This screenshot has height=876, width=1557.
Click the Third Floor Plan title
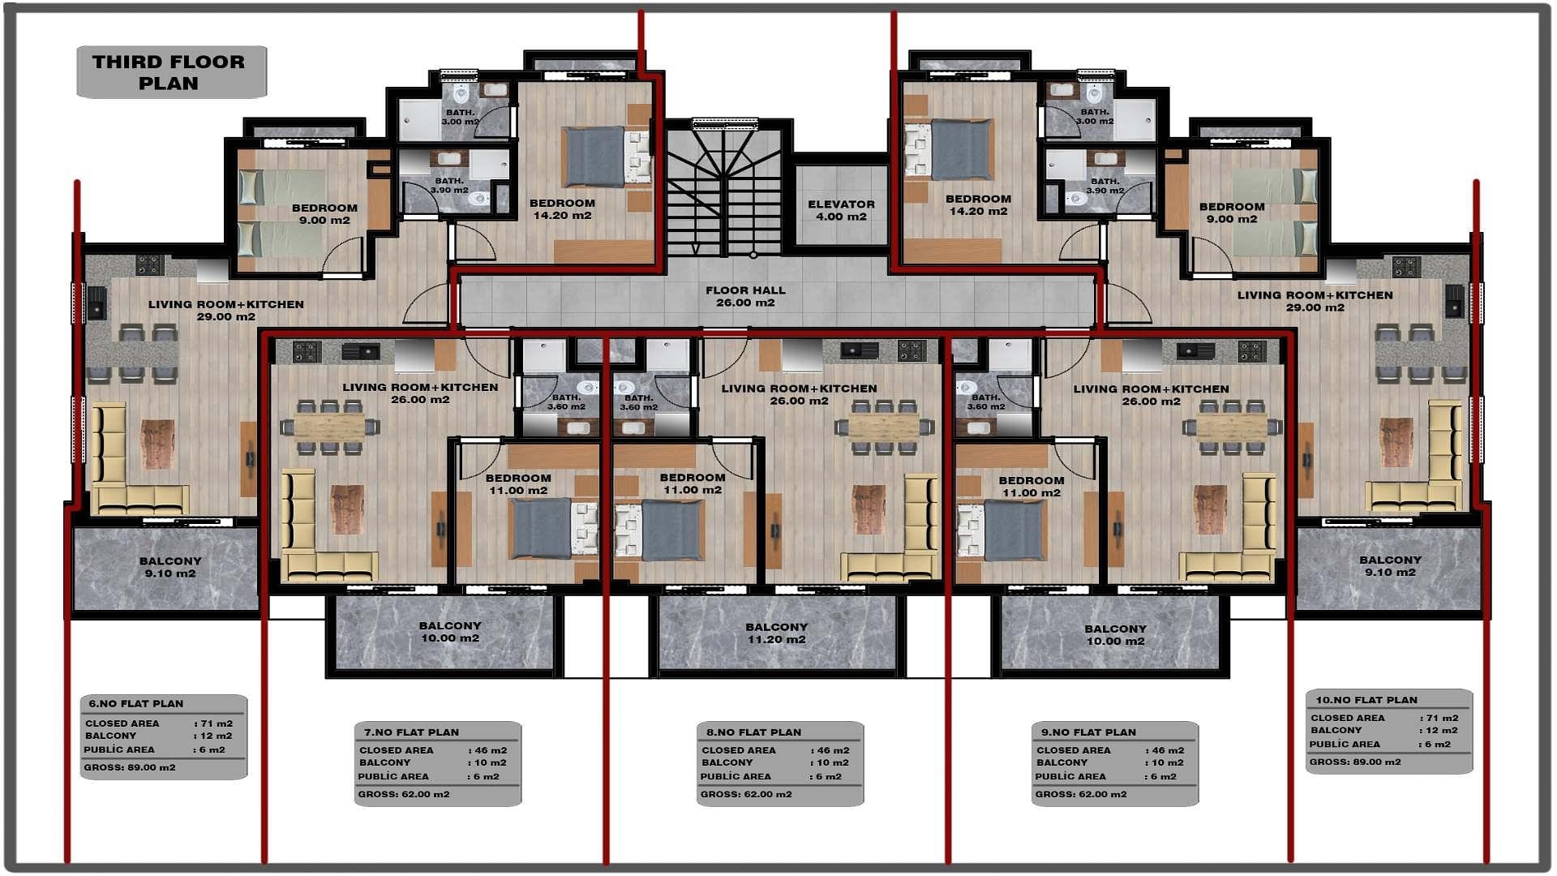(x=168, y=72)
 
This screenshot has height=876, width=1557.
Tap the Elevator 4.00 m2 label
(x=841, y=210)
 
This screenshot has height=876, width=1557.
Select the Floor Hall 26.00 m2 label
(x=745, y=296)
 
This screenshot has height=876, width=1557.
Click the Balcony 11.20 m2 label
(x=776, y=633)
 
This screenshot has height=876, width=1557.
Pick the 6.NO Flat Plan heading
(x=135, y=703)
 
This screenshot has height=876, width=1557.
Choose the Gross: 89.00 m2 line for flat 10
(x=1354, y=762)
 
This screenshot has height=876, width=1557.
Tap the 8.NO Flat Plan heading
(x=753, y=732)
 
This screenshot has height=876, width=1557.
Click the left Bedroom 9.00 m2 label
(x=324, y=213)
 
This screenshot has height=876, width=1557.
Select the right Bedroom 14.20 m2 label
(x=978, y=204)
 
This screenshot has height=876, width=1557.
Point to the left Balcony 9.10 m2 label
(x=169, y=567)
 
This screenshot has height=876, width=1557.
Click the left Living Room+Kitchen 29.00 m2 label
(x=225, y=310)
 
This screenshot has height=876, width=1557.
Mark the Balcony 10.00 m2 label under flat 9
(x=1115, y=634)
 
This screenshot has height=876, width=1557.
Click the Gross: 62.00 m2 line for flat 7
(x=403, y=794)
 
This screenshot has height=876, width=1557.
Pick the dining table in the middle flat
(x=884, y=427)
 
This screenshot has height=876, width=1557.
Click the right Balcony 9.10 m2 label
(x=1390, y=565)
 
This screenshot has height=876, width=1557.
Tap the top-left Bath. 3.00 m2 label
(x=461, y=117)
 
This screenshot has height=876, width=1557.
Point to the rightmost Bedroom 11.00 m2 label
(x=1031, y=486)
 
